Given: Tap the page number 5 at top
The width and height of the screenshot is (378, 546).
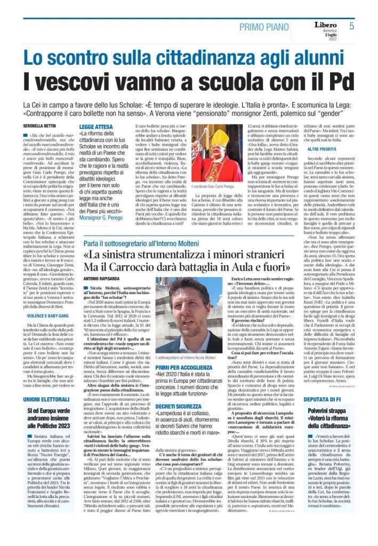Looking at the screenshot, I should tap(351, 26).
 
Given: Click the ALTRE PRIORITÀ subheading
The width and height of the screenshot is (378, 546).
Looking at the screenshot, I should tap(322, 149).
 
